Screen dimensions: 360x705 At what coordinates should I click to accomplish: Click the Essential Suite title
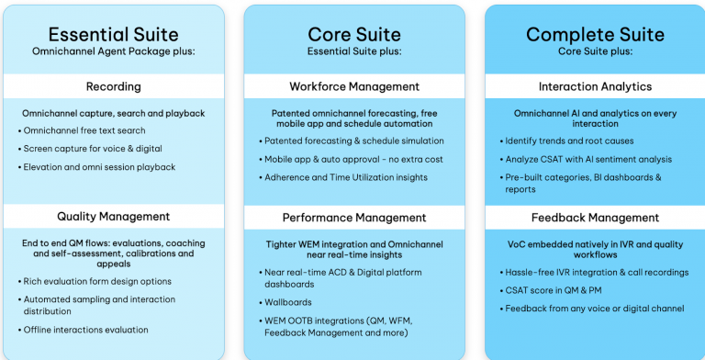tap(113, 34)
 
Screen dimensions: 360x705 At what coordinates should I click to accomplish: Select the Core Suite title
tap(354, 35)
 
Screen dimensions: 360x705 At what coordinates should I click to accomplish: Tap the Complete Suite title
tap(595, 35)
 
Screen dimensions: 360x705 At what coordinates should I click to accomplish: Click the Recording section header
tap(113, 86)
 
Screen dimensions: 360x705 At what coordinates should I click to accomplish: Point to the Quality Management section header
tap(113, 217)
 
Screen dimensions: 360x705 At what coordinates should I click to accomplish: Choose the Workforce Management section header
tap(354, 86)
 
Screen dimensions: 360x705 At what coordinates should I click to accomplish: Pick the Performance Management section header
tap(354, 218)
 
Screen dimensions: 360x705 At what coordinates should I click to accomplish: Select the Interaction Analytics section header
tap(595, 86)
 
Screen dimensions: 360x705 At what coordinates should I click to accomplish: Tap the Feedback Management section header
tap(595, 218)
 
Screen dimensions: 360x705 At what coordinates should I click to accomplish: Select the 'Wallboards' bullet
tap(289, 300)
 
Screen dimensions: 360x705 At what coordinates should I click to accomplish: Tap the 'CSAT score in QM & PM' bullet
tap(554, 290)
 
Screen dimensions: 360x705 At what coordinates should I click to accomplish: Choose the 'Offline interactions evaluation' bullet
tap(86, 330)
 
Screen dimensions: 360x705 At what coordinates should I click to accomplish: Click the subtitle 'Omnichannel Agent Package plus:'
tap(113, 51)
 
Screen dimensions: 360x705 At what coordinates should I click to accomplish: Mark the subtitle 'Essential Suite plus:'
tap(354, 51)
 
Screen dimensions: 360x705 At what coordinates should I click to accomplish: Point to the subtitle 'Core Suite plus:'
tap(595, 51)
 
